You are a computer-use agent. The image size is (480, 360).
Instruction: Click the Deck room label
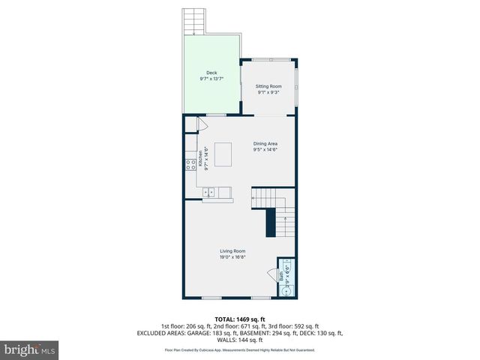211,73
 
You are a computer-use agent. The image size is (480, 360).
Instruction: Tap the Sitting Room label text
268,86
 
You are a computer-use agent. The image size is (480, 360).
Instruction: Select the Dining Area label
265,144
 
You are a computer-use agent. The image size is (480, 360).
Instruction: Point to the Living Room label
232,250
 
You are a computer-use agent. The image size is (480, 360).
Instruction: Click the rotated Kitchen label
200,158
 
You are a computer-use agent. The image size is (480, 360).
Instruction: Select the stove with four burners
190,165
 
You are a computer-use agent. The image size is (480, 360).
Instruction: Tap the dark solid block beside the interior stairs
270,223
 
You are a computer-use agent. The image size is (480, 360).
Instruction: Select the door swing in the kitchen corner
201,124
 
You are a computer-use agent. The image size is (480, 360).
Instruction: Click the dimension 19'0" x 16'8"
232,257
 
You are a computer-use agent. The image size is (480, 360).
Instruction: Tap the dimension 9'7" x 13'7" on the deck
211,79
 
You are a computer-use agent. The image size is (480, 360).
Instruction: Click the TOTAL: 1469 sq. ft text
239,319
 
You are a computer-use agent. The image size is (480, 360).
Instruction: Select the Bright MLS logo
29,349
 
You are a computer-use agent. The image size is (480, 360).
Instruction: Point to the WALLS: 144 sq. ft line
239,340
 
